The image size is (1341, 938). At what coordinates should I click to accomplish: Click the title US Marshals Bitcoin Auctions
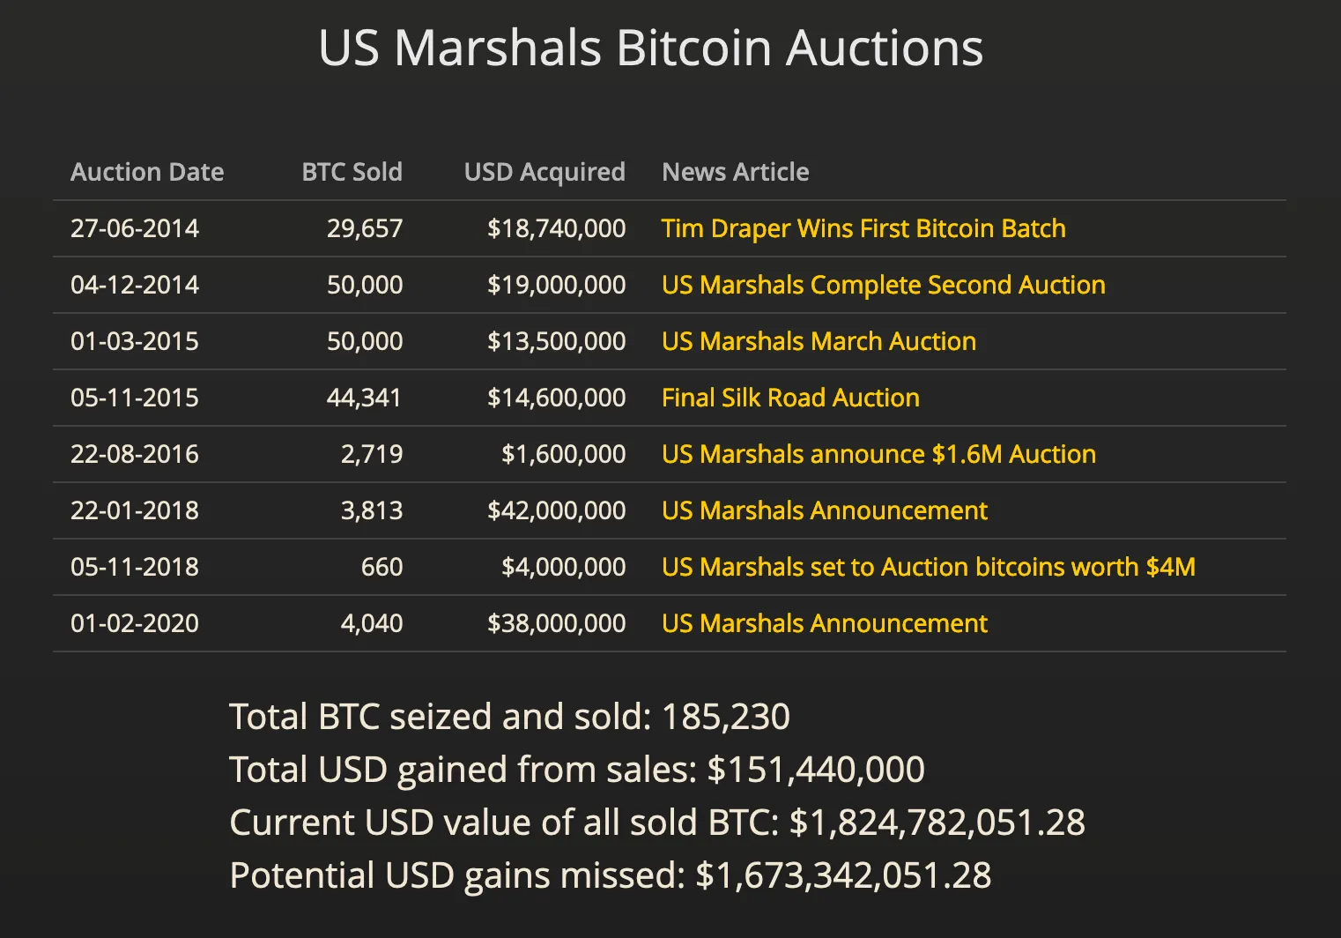[x=650, y=48]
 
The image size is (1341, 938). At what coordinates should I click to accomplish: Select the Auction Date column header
[x=147, y=172]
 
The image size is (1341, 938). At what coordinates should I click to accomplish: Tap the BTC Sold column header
[x=352, y=172]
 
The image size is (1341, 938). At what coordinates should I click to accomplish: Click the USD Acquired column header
[x=545, y=172]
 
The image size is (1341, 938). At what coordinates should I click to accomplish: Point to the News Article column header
[x=735, y=172]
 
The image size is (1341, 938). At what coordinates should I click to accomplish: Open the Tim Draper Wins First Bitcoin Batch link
[x=863, y=228]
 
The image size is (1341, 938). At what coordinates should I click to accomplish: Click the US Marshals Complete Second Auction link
[x=883, y=285]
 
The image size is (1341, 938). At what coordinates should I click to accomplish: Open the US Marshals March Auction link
[x=819, y=341]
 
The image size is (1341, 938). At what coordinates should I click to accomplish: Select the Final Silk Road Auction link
[x=790, y=398]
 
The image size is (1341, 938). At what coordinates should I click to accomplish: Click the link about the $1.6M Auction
[x=878, y=454]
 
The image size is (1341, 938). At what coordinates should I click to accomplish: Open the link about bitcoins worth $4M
[x=928, y=567]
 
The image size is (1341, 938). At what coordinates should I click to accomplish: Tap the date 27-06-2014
[x=135, y=228]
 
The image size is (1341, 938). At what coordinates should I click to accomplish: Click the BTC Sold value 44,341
[x=364, y=398]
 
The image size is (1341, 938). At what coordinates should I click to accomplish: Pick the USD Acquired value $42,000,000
[x=556, y=510]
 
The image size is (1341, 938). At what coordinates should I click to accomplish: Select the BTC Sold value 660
[x=382, y=567]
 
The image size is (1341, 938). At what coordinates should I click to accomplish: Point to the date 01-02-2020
[x=135, y=623]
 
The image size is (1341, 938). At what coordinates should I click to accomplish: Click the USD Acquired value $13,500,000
[x=556, y=341]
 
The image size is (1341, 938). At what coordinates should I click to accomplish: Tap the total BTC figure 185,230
[x=725, y=717]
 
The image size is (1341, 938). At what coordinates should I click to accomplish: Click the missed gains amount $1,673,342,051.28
[x=843, y=875]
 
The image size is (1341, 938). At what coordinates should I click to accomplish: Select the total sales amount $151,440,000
[x=816, y=770]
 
